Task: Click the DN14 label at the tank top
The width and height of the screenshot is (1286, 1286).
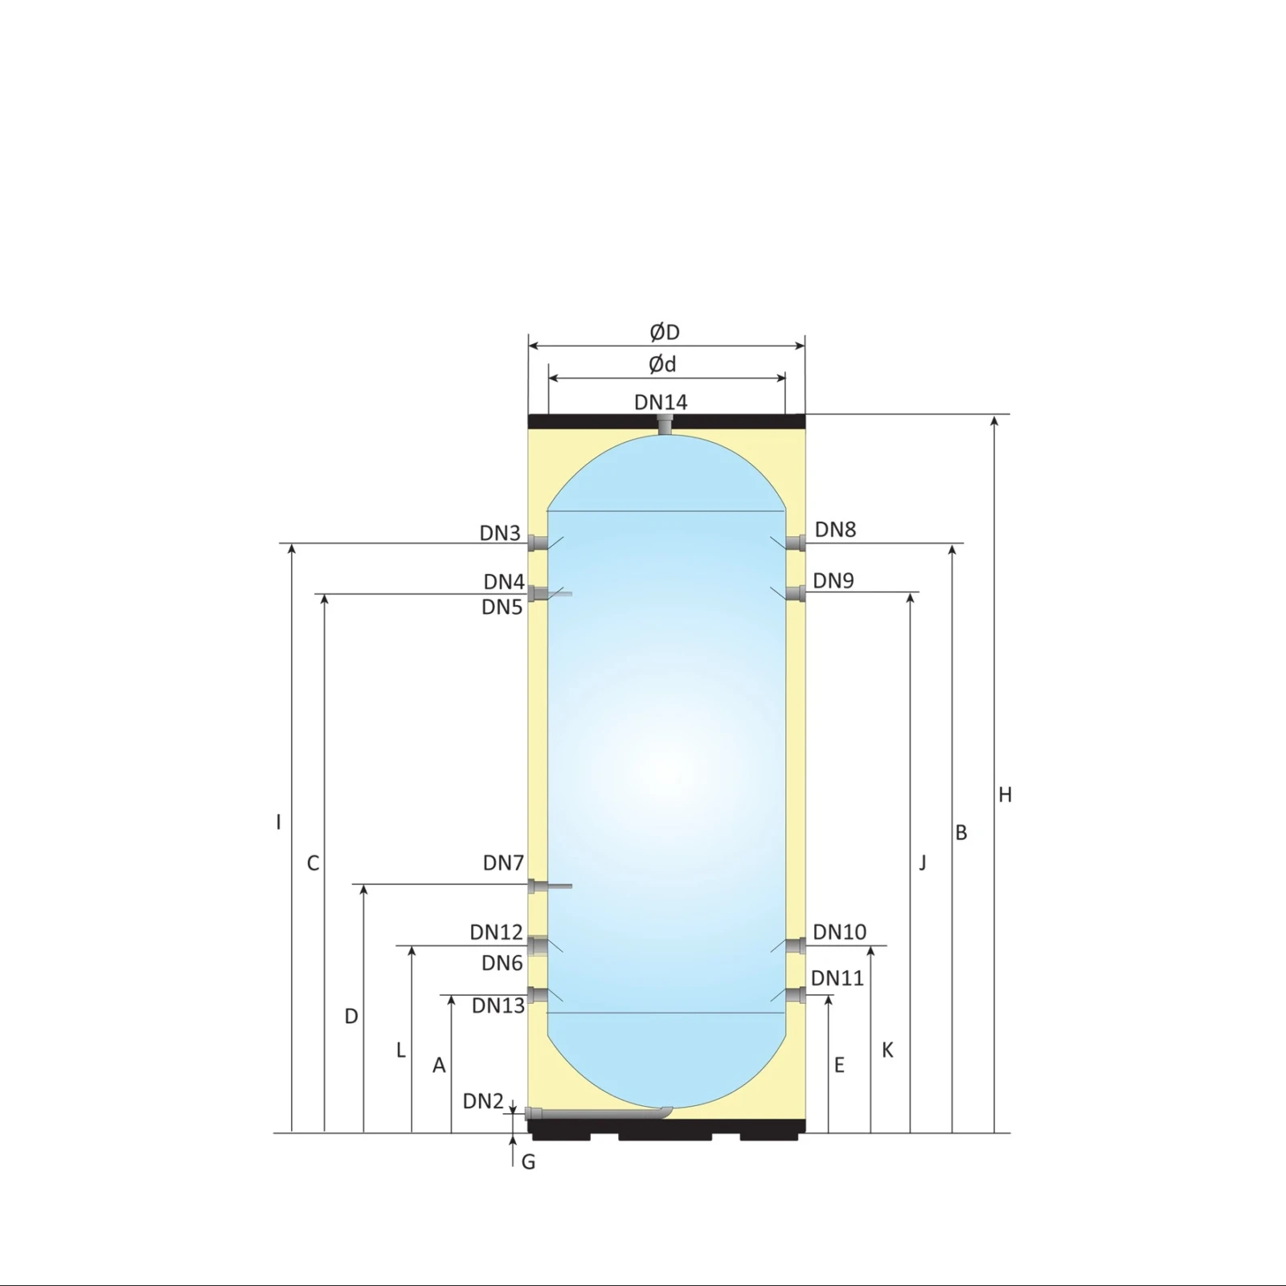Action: coord(661,402)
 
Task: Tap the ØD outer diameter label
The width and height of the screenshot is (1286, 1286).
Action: coord(665,332)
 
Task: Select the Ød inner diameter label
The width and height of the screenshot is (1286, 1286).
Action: coord(663,364)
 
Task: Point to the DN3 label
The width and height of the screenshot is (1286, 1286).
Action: coord(500,533)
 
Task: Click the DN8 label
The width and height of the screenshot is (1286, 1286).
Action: coord(835,530)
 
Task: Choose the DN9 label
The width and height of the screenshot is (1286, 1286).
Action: coord(833,580)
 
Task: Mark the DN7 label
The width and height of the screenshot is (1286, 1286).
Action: coord(503,862)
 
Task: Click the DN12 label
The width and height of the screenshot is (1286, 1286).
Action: coord(497,932)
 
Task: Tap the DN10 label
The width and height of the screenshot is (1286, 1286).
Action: coord(840,932)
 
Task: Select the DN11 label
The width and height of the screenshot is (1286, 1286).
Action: coord(838,978)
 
